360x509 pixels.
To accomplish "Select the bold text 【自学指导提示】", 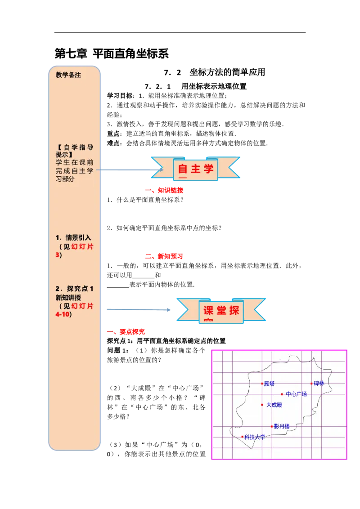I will [74, 151].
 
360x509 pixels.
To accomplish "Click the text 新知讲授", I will [68, 298].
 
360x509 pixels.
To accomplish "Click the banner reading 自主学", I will [195, 169].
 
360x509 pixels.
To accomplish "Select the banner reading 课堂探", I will [221, 310].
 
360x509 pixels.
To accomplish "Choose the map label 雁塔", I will [269, 384].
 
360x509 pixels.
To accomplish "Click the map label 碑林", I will [319, 384].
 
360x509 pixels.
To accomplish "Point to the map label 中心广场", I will [297, 394].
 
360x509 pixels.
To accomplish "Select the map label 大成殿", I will [274, 405].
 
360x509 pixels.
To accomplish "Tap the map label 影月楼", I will [282, 426].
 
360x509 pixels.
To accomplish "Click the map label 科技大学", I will [255, 437].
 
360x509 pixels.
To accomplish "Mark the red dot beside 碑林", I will [311, 384].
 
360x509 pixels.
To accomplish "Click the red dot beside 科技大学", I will [243, 437].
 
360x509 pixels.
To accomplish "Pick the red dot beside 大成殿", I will [262, 405].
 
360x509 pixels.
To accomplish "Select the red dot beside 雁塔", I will [262, 384].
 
